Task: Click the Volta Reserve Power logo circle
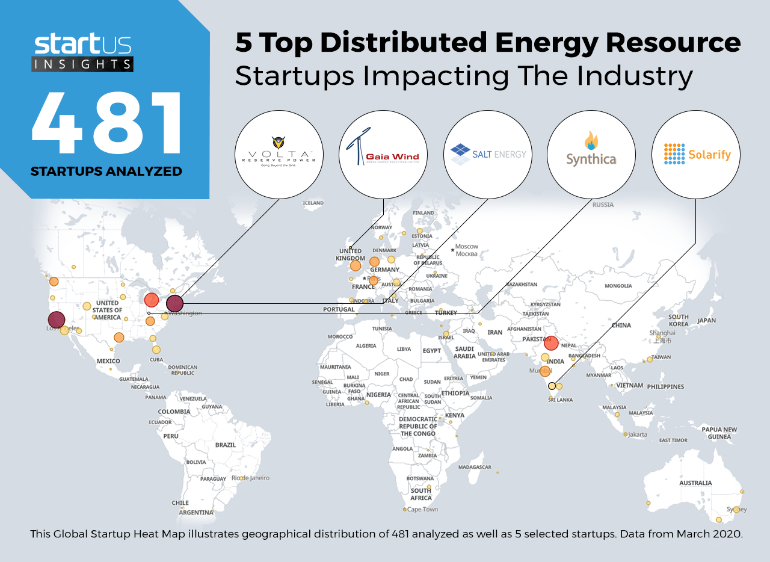279,155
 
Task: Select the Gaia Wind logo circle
383,155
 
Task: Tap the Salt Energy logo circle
488,155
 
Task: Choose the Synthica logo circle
591,155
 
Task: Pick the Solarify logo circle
696,155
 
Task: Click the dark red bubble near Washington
174,304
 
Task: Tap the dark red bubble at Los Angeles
57,320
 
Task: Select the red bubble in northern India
551,343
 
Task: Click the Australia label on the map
695,483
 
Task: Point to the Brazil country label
226,445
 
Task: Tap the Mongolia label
618,286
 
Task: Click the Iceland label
313,203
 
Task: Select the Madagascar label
475,467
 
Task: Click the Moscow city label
467,246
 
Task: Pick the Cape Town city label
422,510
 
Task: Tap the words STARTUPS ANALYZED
106,171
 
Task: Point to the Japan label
706,320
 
